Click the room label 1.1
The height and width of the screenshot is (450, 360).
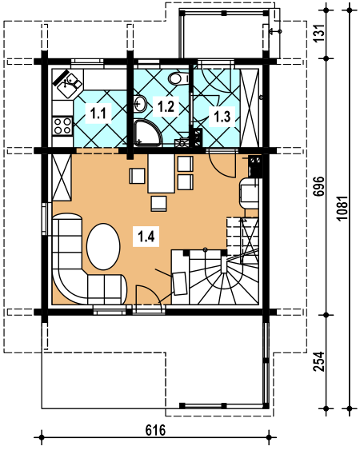pos(98,113)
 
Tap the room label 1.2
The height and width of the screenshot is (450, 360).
pos(166,107)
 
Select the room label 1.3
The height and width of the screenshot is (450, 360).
pos(222,117)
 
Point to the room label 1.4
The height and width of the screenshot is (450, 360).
pos(146,237)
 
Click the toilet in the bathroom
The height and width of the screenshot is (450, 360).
pos(178,78)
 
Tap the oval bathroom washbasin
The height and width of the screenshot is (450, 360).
pos(140,103)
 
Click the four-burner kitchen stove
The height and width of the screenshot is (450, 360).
pos(62,126)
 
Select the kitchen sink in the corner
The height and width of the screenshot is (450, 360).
pos(68,83)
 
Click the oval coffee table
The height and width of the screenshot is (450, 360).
pos(103,246)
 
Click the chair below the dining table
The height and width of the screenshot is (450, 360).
pos(158,204)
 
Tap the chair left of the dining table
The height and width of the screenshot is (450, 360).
pos(138,176)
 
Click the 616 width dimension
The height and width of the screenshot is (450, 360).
pos(155,430)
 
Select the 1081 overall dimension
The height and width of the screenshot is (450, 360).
pos(343,208)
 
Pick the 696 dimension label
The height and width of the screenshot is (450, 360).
pos(319,186)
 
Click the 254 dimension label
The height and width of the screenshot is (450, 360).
pos(319,361)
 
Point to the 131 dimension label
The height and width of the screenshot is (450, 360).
pos(319,33)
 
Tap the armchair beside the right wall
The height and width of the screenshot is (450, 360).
pos(249,193)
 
